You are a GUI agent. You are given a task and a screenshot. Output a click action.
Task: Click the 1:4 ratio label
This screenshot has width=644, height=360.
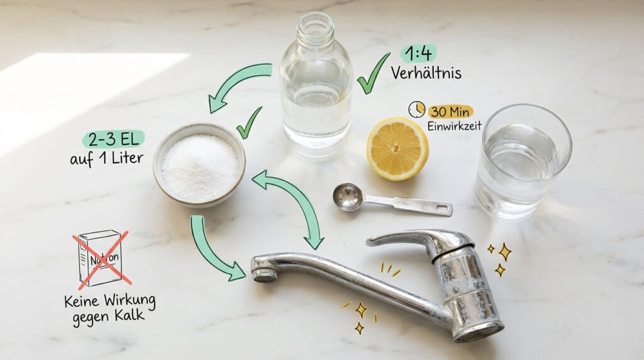click(x=418, y=53)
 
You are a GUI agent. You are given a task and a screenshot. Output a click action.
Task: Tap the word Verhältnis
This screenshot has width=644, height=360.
click(x=426, y=73)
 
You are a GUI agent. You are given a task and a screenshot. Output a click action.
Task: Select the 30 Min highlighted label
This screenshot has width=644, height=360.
click(x=451, y=111)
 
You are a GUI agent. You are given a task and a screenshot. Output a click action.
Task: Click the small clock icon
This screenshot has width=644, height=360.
click(x=416, y=110)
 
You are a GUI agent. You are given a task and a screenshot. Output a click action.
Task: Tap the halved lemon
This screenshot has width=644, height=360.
click(x=397, y=149)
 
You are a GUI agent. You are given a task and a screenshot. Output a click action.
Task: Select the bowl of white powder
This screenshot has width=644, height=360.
click(x=199, y=165)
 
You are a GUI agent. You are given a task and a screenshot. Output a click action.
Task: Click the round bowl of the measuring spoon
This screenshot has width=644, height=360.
click(x=348, y=196)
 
